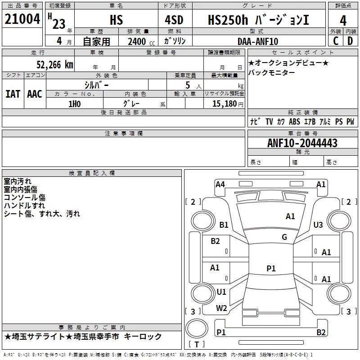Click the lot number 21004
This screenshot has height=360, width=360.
coord(22,19)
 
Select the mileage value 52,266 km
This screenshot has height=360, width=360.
coord(55,65)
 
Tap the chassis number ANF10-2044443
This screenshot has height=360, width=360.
coord(302,143)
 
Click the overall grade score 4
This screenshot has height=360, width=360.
coord(343,21)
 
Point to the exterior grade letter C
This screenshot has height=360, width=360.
coord(336,41)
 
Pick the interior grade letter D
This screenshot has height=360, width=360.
coord(350,41)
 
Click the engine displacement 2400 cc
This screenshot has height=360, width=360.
coord(141,41)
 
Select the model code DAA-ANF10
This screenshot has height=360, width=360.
coord(258,41)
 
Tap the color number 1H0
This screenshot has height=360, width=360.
coord(75,104)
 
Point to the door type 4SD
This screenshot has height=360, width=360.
coord(174,20)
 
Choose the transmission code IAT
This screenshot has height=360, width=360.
coord(13,94)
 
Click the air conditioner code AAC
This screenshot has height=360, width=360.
coord(35,94)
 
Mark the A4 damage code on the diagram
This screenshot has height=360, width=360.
coord(220,184)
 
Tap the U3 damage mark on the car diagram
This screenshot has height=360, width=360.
coord(318,225)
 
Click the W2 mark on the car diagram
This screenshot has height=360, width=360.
coord(221,308)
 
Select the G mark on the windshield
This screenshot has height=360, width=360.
coord(284,237)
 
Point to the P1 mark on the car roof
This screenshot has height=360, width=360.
coord(271,268)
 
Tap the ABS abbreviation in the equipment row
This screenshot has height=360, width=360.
coord(294,121)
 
